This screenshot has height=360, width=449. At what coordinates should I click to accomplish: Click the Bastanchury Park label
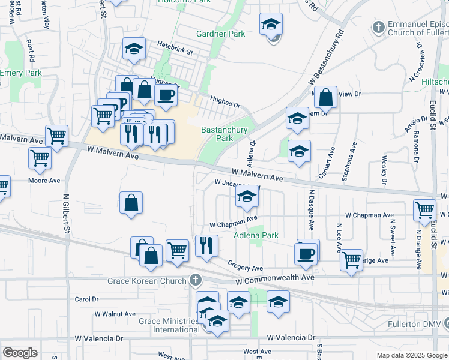(217, 134)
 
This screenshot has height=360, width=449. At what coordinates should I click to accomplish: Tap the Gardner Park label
(220, 34)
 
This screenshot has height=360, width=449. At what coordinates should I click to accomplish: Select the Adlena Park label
(256, 236)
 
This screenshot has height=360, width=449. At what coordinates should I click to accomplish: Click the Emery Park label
(21, 73)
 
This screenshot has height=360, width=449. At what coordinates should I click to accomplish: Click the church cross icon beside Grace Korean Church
(195, 280)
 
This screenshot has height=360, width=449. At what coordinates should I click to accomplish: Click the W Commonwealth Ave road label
(275, 280)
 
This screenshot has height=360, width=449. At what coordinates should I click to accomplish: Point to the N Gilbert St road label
(67, 213)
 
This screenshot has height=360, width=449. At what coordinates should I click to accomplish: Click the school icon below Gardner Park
(271, 25)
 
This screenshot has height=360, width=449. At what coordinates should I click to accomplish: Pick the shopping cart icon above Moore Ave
(40, 158)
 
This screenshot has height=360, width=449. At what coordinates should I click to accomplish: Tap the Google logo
(20, 353)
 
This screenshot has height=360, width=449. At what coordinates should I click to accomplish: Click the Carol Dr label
(86, 299)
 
